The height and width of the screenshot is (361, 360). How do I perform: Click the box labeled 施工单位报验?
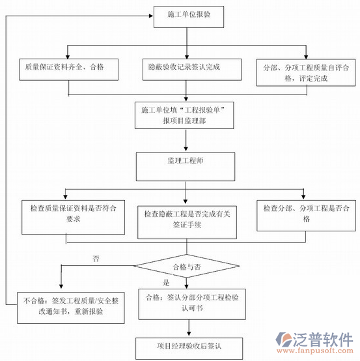pyautogui.click(x=185, y=16)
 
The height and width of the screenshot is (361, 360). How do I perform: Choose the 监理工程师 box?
pyautogui.click(x=186, y=166)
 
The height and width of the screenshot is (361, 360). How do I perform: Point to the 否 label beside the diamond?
pyautogui.click(x=96, y=259)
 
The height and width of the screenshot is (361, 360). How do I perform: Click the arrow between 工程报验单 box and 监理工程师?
pyautogui.click(x=187, y=140)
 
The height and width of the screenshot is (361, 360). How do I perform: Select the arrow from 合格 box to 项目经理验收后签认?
pyautogui.click(x=187, y=327)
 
